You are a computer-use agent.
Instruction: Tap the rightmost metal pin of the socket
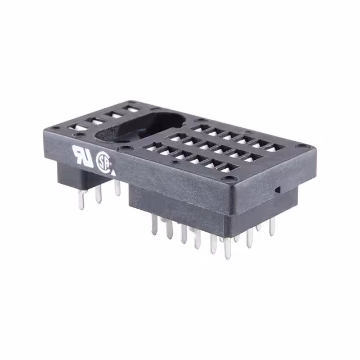pos(272,226)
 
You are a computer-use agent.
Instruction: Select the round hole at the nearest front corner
pos(230,182)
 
